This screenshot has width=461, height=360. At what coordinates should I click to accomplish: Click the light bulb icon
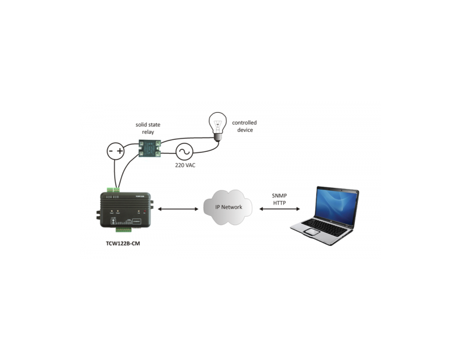pyautogui.click(x=218, y=127)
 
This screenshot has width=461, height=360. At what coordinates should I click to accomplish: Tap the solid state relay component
pyautogui.click(x=149, y=148)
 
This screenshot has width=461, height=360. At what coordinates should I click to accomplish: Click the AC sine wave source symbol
pyautogui.click(x=184, y=152)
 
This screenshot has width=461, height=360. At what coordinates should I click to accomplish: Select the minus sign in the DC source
pyautogui.click(x=111, y=151)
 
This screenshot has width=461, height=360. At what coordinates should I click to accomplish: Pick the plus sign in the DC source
pyautogui.click(x=119, y=151)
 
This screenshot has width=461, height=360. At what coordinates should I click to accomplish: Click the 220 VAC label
pyautogui.click(x=185, y=165)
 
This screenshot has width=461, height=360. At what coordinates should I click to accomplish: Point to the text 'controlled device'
pyautogui.click(x=244, y=126)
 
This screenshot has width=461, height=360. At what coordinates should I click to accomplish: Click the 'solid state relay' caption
pyautogui.click(x=148, y=128)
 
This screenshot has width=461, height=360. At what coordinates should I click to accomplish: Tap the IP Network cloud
pyautogui.click(x=228, y=207)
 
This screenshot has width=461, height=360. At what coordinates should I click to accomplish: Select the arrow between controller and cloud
pyautogui.click(x=178, y=209)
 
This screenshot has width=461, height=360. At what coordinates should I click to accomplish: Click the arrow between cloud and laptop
pyautogui.click(x=280, y=209)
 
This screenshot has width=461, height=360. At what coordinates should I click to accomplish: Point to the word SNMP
pyautogui.click(x=279, y=196)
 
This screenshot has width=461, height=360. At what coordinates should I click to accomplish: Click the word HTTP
pyautogui.click(x=279, y=203)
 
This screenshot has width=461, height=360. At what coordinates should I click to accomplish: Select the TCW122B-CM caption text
pyautogui.click(x=123, y=244)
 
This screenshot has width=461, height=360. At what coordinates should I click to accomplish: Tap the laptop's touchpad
pyautogui.click(x=312, y=232)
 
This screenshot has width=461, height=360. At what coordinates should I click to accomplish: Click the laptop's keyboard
pyautogui.click(x=325, y=226)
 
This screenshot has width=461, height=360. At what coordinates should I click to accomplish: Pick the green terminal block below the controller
pyautogui.click(x=124, y=230)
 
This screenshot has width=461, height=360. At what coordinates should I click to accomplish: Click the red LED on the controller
pyautogui.click(x=144, y=211)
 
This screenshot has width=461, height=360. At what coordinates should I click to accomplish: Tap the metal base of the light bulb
pyautogui.click(x=217, y=138)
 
